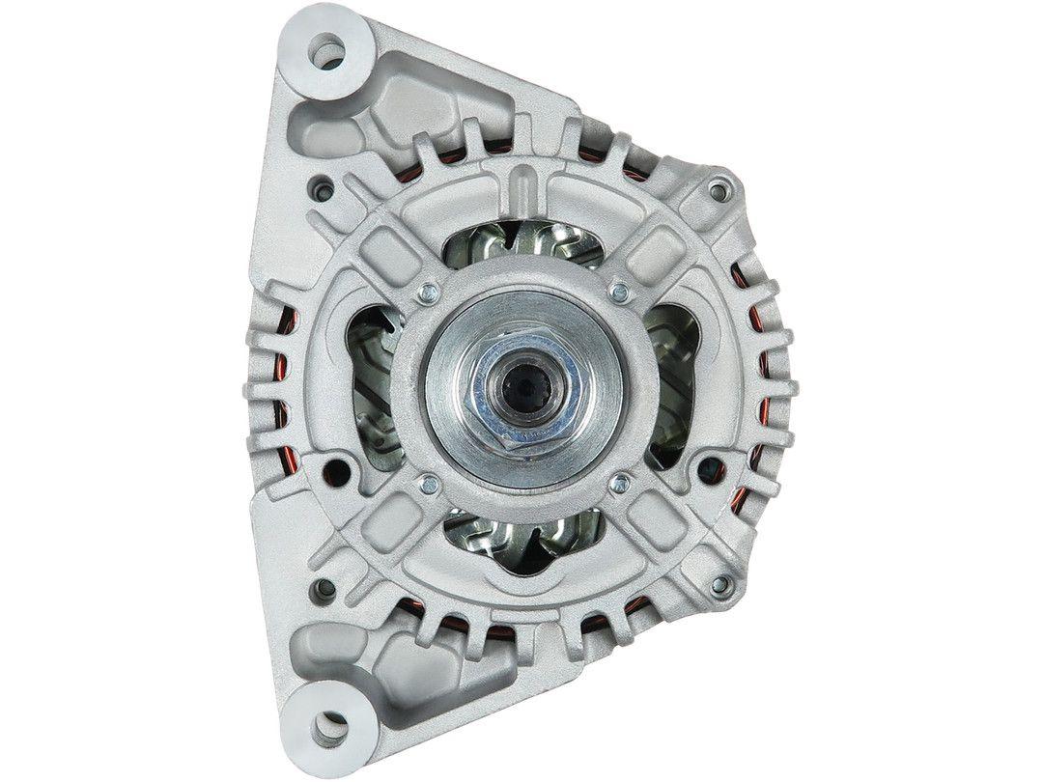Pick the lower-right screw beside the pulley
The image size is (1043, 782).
619,482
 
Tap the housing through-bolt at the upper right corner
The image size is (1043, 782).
716,189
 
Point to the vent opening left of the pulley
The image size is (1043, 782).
372,386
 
